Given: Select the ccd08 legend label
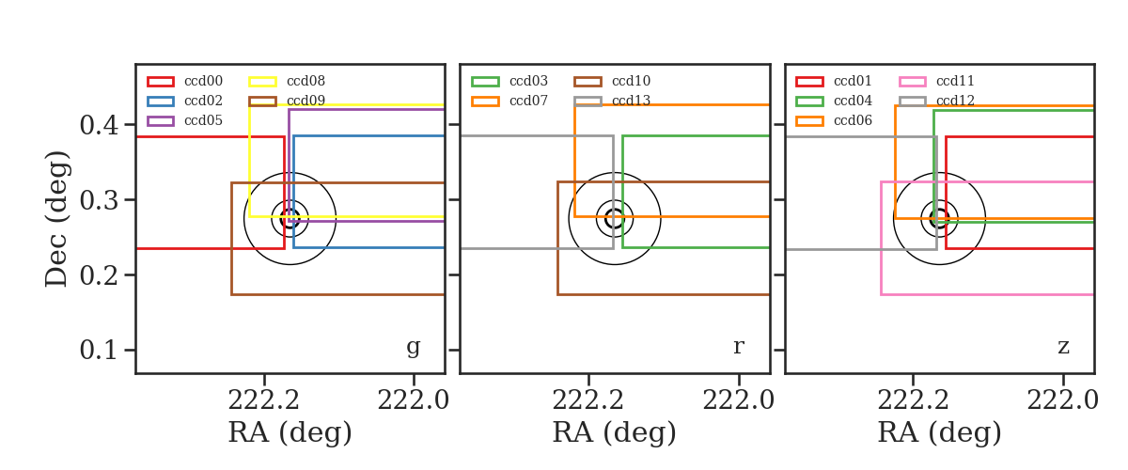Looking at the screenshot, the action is click(x=305, y=81).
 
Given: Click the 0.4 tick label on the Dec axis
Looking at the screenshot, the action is click(x=99, y=125).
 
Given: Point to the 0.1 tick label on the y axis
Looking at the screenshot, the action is click(x=99, y=350).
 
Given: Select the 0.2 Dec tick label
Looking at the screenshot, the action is click(x=99, y=275).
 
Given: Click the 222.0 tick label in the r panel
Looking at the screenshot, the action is click(x=738, y=401).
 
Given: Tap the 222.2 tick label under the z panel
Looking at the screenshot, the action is click(x=913, y=401).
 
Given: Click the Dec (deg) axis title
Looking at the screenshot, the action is click(x=56, y=219).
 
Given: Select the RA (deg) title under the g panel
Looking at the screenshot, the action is click(x=290, y=432).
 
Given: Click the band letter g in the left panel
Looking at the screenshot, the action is click(x=413, y=347).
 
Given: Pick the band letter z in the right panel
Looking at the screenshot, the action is click(x=1063, y=347).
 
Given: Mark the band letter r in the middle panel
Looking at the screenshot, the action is click(x=738, y=347).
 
